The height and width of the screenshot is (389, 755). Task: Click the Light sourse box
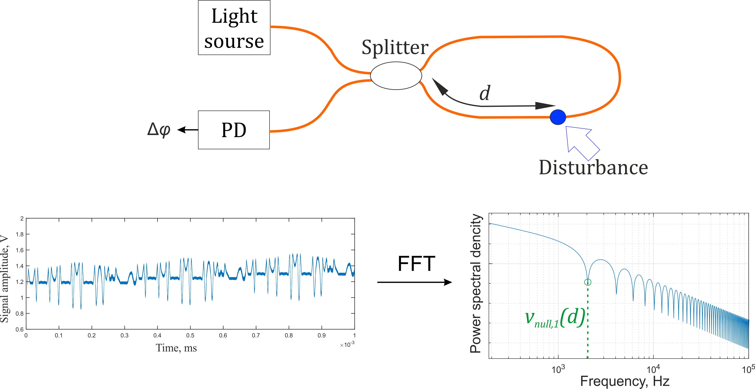(x=234, y=28)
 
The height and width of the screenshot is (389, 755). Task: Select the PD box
(x=234, y=130)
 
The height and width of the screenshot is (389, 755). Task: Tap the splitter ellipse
(x=396, y=76)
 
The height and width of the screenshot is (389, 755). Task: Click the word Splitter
(x=395, y=48)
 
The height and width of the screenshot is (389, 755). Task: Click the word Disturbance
(x=593, y=168)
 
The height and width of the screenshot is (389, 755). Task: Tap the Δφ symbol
(x=159, y=129)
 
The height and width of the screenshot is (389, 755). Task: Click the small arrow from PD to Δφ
(x=188, y=130)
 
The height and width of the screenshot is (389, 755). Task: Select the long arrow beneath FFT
(x=414, y=282)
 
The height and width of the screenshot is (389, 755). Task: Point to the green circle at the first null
(x=588, y=282)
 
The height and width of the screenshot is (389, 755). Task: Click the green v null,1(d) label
(x=555, y=318)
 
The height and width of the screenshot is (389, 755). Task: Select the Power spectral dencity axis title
(x=475, y=283)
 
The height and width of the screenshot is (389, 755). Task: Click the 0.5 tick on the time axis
(x=190, y=335)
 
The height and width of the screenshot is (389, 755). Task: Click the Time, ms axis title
(x=176, y=348)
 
